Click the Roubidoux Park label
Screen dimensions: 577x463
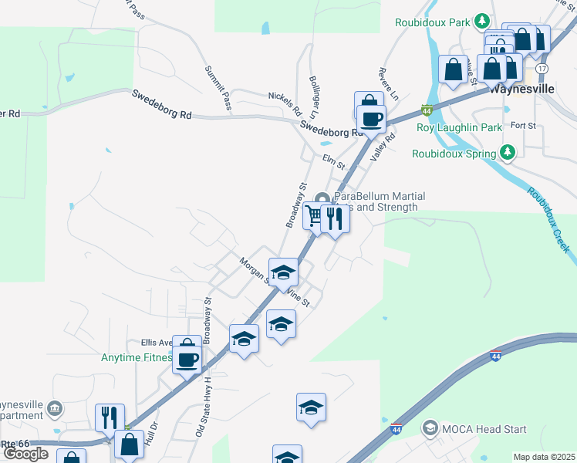(432, 22)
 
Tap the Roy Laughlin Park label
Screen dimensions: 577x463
(459, 127)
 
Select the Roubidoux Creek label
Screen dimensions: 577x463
(549, 220)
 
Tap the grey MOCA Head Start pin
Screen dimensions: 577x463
(430, 428)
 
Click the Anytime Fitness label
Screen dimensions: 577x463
(135, 357)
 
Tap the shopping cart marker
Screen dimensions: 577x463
(314, 215)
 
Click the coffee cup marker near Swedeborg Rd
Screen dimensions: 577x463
(372, 118)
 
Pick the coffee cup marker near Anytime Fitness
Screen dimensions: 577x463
(187, 359)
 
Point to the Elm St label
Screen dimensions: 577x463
(333, 161)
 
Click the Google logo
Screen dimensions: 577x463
(25, 454)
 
